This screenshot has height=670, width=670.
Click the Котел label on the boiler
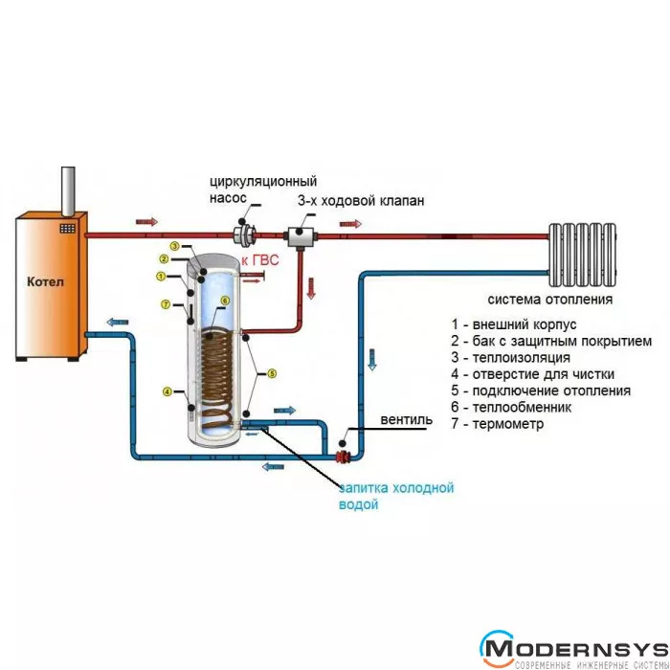point(45,284)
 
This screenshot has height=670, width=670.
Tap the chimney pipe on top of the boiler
point(68,190)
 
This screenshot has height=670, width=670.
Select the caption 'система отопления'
point(549,299)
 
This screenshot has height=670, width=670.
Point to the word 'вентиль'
point(406,420)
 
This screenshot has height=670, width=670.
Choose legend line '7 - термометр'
point(503,424)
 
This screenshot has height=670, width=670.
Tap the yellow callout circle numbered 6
point(225,301)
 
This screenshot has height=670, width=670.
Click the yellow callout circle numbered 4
point(167,391)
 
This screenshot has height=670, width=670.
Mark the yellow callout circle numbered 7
point(167,305)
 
